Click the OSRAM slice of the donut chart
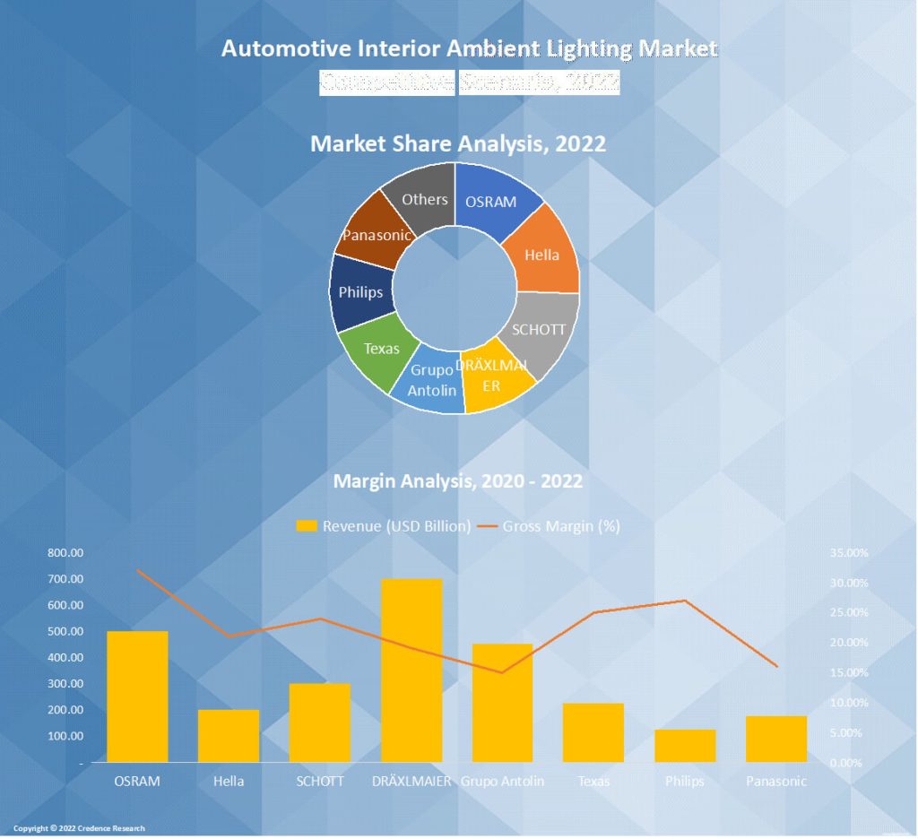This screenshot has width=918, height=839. pos(491,201)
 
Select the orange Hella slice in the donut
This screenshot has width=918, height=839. pos(541,255)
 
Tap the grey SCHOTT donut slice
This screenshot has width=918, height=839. pos(540,330)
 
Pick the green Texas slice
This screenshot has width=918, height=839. pos(381,349)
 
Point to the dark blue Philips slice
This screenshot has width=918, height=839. pos(360,292)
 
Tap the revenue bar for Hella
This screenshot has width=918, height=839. pos(229,736)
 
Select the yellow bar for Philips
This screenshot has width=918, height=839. pos(685,746)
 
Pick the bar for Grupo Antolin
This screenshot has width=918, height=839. pos(503,703)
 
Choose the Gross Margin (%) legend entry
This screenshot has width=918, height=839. pos(550,526)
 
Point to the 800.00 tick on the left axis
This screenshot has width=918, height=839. pos(65,554)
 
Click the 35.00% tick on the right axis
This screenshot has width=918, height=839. pos(848,554)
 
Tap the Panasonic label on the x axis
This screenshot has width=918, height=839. pos(776,781)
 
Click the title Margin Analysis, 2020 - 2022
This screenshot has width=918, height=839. pos(458,481)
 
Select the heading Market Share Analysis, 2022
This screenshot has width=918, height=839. pos(458,143)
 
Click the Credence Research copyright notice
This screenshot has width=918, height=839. pos(79,828)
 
